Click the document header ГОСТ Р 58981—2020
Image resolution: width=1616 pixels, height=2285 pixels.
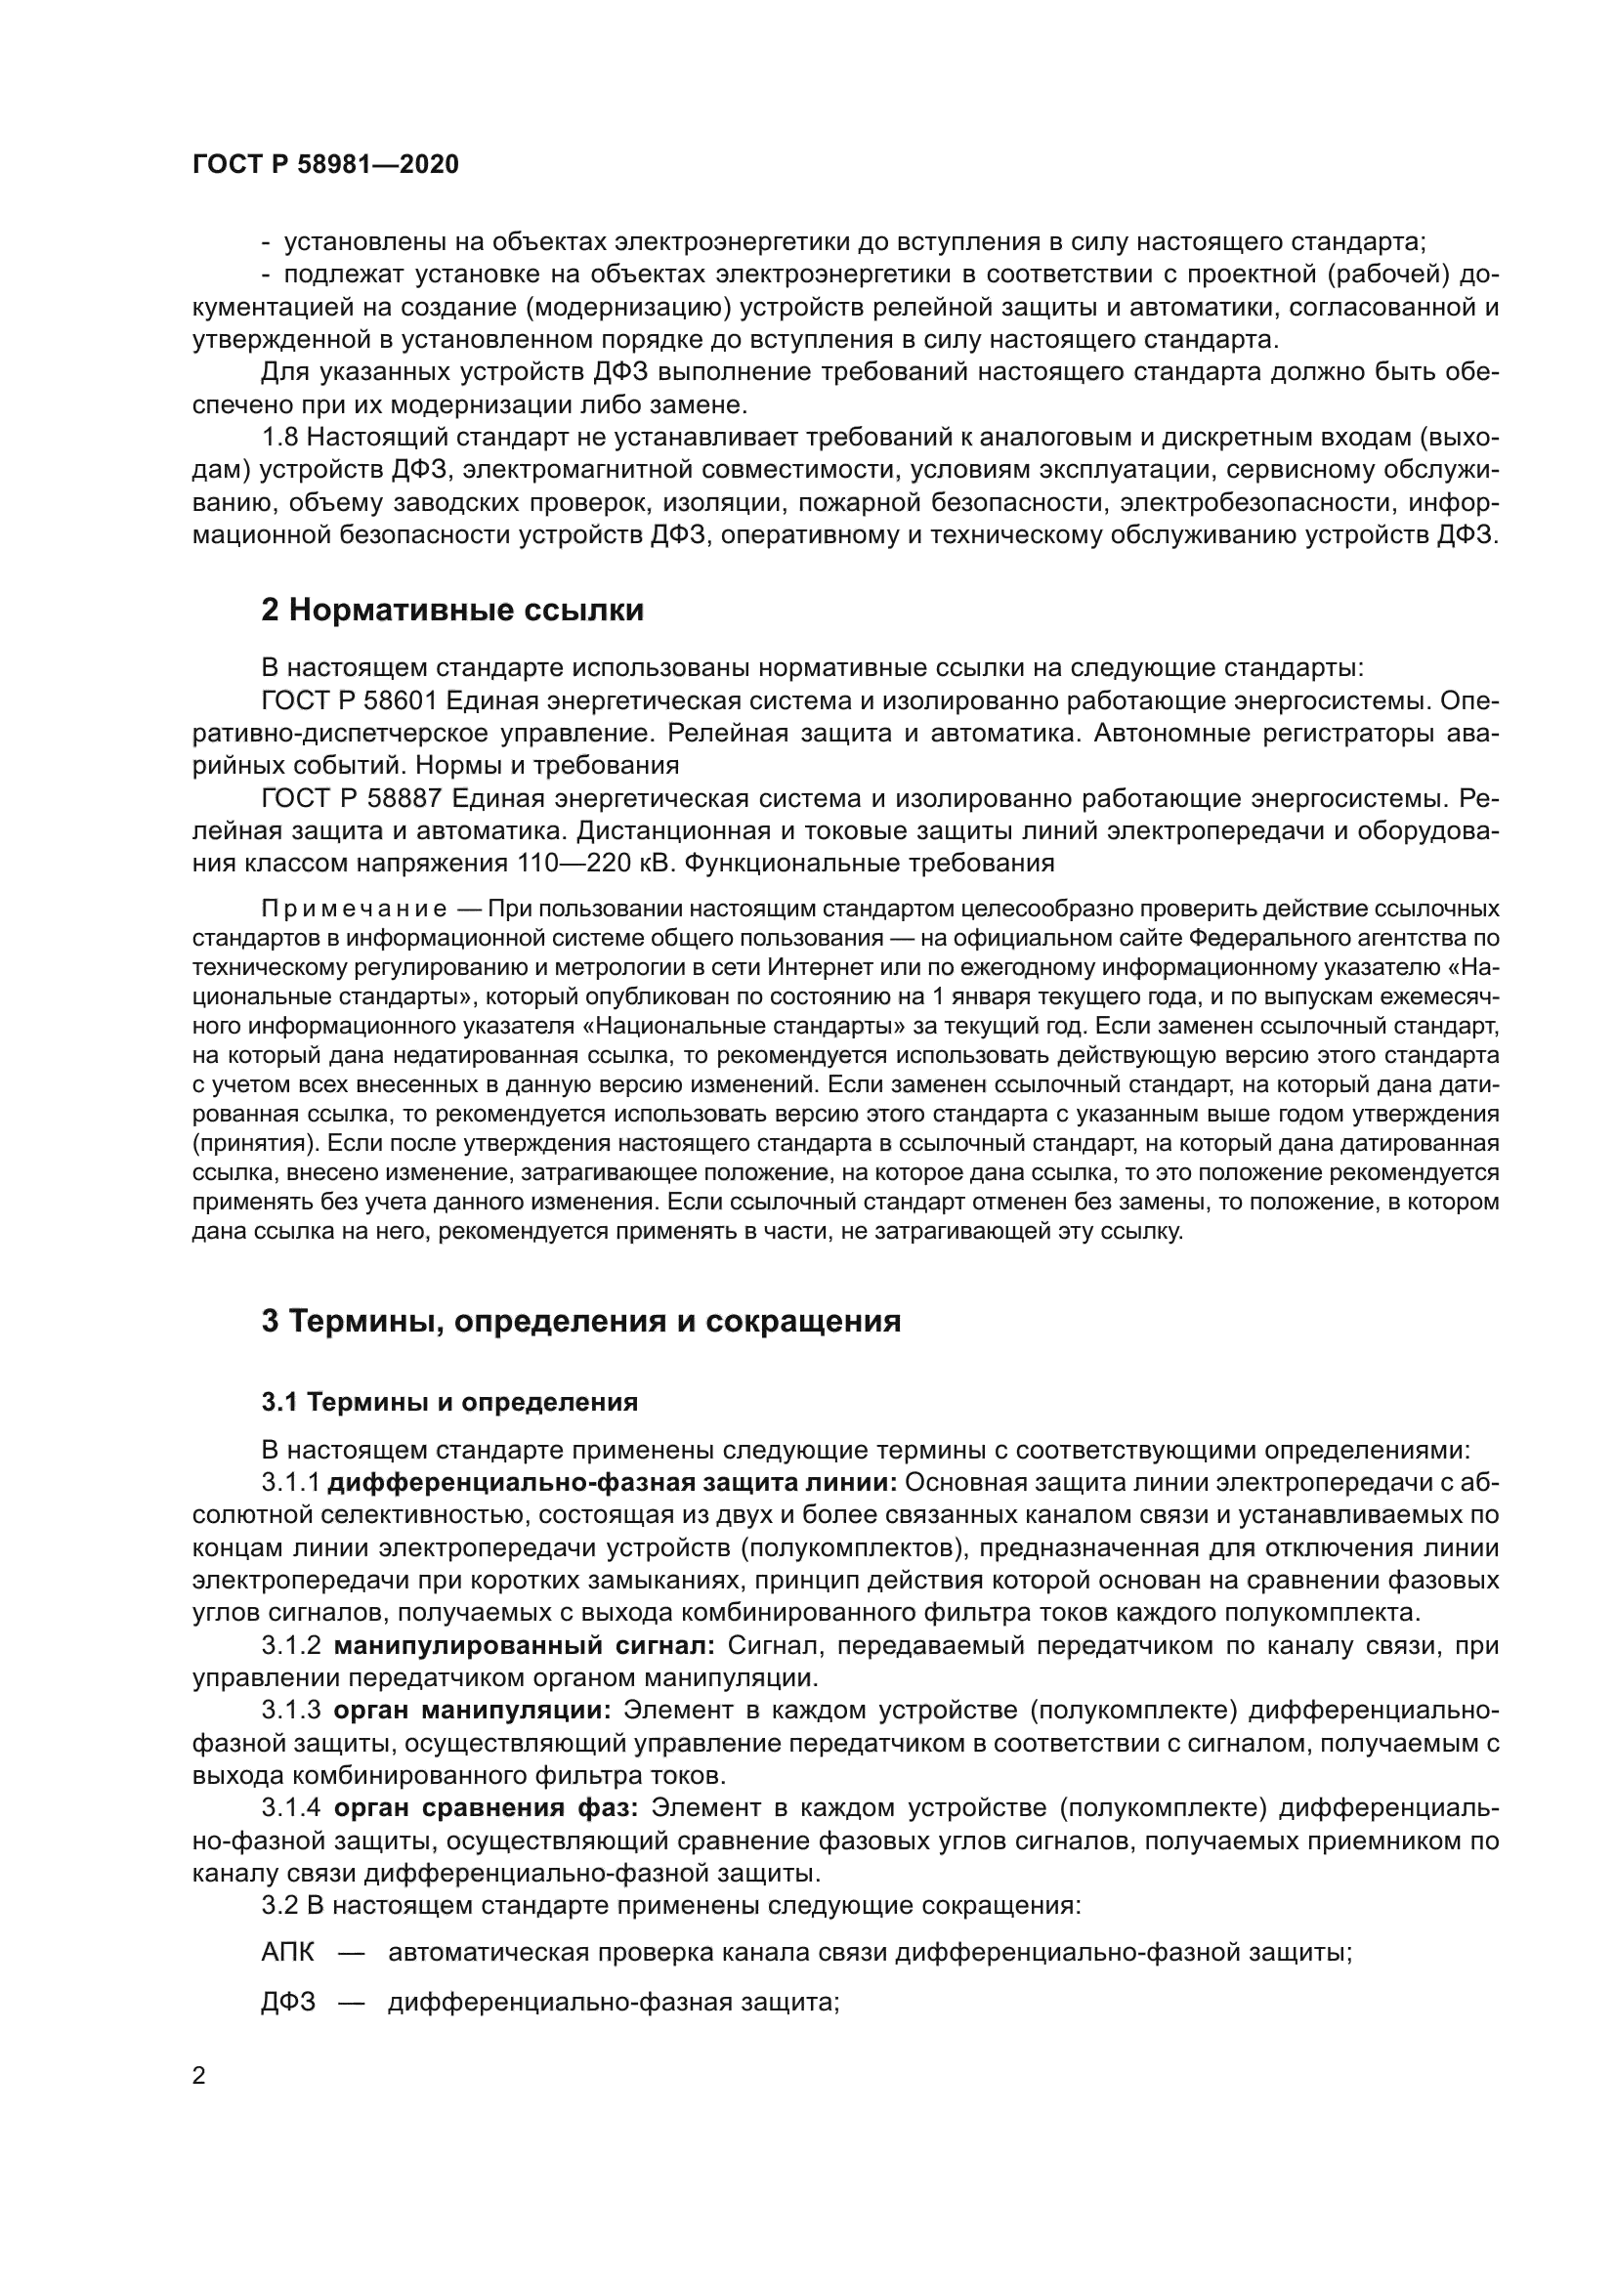pyautogui.click(x=325, y=165)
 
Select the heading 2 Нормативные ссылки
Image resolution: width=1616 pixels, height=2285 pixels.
pyautogui.click(x=451, y=609)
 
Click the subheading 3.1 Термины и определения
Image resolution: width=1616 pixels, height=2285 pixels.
pyautogui.click(x=448, y=1402)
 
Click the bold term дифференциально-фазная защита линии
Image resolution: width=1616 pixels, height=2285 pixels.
pyautogui.click(x=613, y=1482)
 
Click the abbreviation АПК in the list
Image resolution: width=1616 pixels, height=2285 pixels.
pyautogui.click(x=287, y=1953)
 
